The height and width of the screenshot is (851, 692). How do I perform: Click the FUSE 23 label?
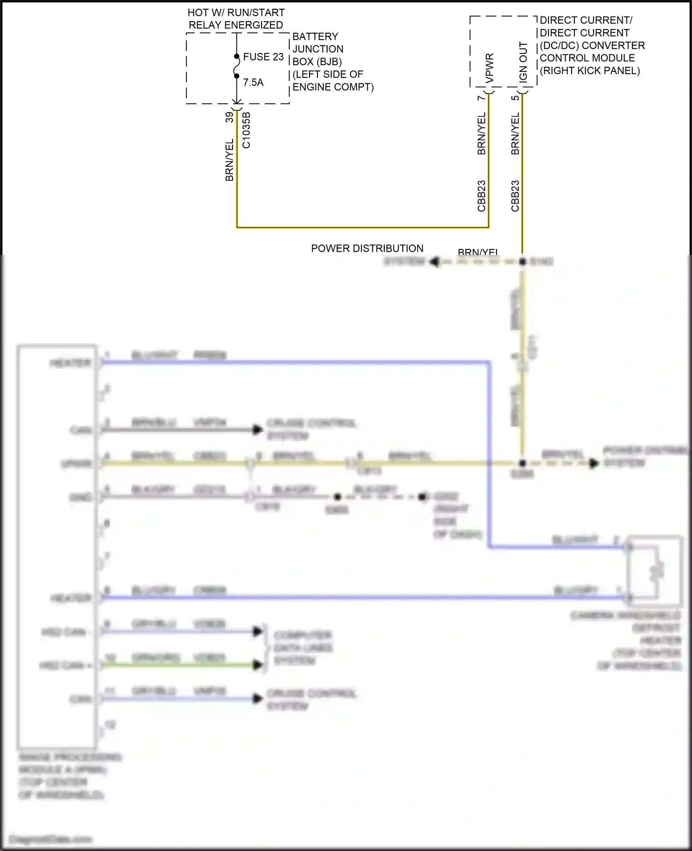click(263, 57)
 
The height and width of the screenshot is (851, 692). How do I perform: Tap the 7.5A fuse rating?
click(253, 83)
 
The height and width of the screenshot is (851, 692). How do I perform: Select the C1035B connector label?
click(246, 130)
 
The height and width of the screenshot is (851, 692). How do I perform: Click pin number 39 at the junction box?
click(229, 118)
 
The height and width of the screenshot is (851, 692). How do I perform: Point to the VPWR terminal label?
click(489, 68)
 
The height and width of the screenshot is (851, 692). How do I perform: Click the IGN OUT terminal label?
click(523, 62)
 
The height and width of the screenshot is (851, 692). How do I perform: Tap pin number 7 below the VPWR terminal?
click(481, 98)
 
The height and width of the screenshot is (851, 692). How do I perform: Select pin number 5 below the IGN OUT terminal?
click(515, 98)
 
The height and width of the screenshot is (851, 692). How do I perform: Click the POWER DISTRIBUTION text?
click(367, 248)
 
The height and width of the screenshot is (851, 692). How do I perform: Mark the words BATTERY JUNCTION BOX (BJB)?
click(318, 49)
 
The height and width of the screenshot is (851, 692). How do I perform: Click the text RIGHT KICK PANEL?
click(590, 71)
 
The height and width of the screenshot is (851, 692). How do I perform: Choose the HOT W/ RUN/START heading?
click(236, 13)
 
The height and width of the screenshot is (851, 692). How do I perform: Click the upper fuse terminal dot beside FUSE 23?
click(237, 57)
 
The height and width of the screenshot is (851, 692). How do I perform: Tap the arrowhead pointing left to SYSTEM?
click(434, 262)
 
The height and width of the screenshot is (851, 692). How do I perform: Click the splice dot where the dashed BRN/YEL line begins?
click(522, 262)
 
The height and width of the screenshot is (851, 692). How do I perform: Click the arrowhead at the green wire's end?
click(257, 665)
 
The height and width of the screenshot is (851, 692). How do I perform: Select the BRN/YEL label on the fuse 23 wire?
click(229, 160)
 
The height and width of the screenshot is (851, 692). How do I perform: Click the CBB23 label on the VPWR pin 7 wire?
click(481, 196)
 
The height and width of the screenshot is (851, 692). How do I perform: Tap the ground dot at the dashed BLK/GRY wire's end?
click(422, 497)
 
